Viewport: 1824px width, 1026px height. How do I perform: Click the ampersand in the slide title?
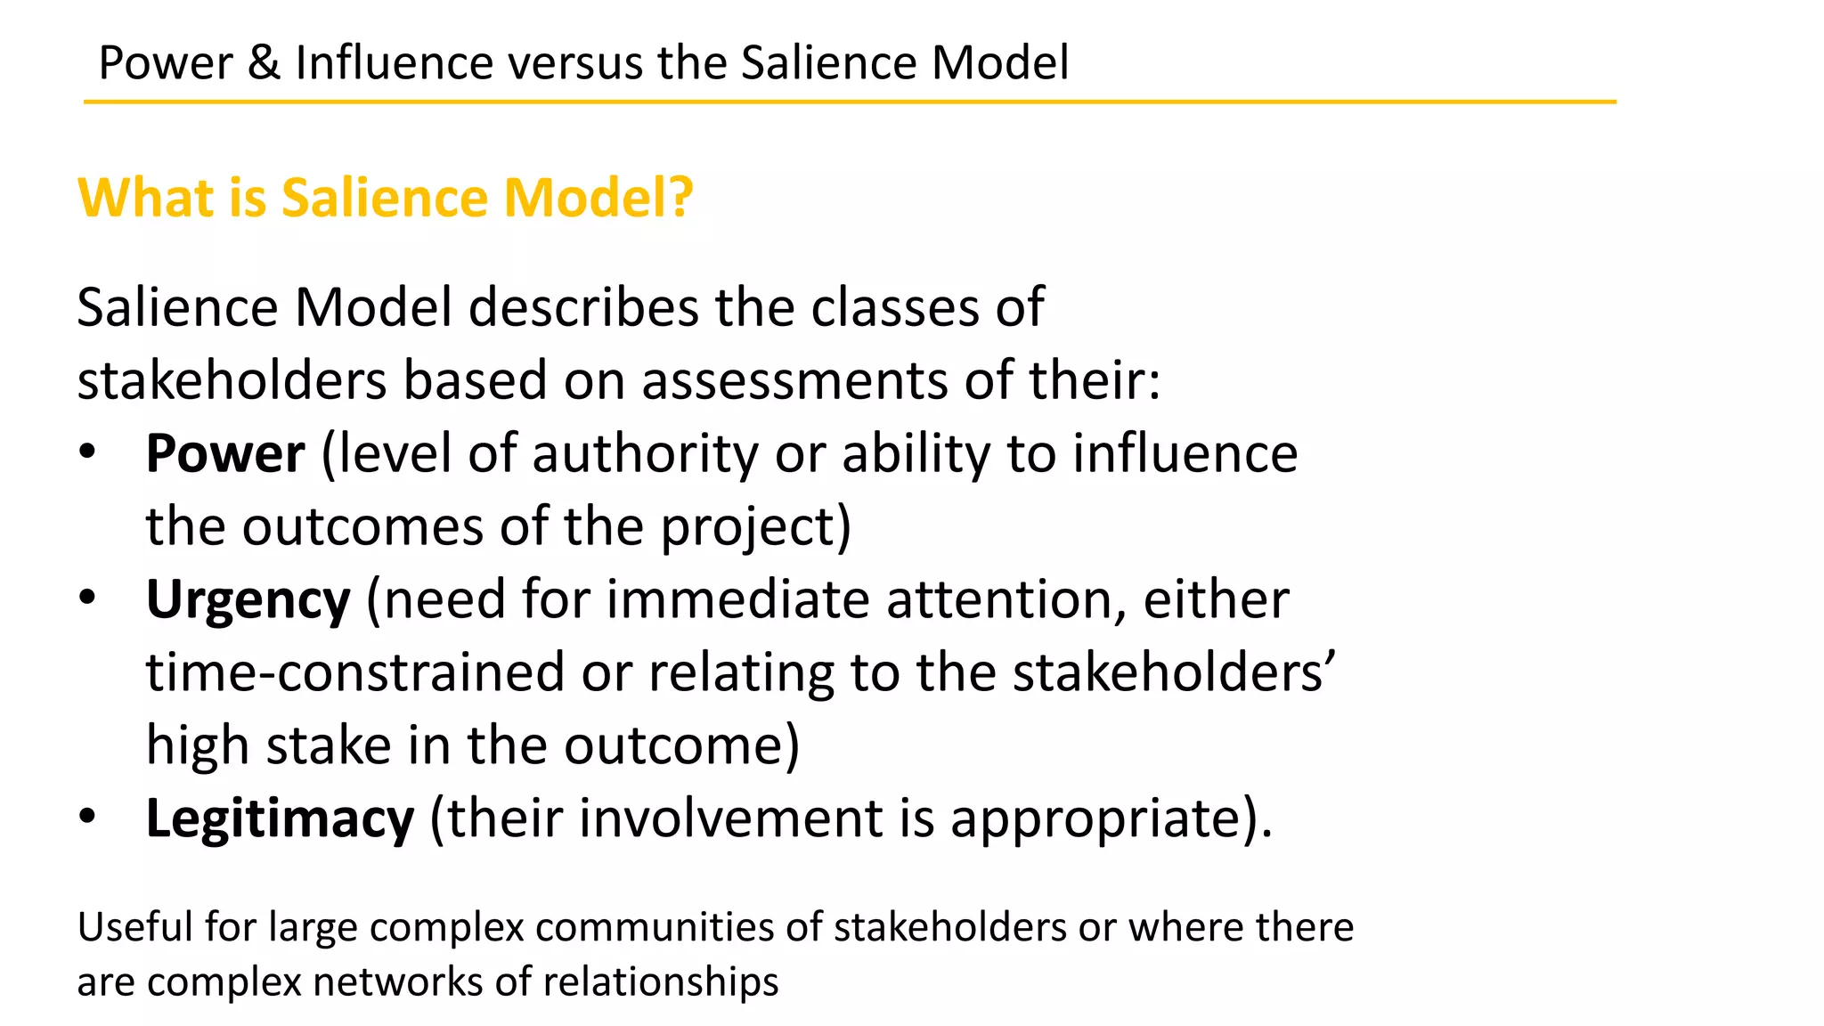pyautogui.click(x=264, y=63)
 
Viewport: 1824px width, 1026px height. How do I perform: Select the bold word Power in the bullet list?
pyautogui.click(x=225, y=453)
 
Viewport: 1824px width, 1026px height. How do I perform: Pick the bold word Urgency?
pyautogui.click(x=248, y=600)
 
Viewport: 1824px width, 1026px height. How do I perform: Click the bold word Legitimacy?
pyautogui.click(x=280, y=818)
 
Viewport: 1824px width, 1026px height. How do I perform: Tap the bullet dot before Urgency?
pyautogui.click(x=86, y=598)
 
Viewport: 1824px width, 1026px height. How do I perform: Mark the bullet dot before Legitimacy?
pyautogui.click(x=86, y=816)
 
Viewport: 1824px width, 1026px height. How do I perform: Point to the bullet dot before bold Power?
pyautogui.click(x=86, y=452)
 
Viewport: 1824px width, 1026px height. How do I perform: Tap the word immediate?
pyautogui.click(x=737, y=599)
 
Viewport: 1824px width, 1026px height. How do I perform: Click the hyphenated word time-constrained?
pyautogui.click(x=355, y=672)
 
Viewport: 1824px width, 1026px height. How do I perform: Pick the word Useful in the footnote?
pyautogui.click(x=134, y=927)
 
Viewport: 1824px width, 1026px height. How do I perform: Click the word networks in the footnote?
pyautogui.click(x=397, y=982)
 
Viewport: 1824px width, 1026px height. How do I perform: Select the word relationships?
pyautogui.click(x=661, y=982)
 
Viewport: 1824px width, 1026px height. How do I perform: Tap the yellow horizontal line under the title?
pyautogui.click(x=850, y=102)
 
